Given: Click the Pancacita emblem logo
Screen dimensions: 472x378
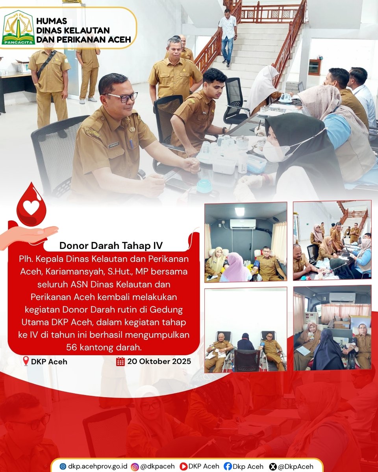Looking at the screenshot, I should pyautogui.click(x=19, y=28).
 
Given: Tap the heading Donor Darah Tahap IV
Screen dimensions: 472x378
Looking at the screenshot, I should pyautogui.click(x=111, y=245).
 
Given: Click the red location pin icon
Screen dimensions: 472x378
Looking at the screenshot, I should pyautogui.click(x=26, y=361).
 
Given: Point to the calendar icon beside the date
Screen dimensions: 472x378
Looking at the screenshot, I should pyautogui.click(x=120, y=361).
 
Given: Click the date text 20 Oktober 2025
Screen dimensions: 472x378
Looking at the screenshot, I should pyautogui.click(x=159, y=361).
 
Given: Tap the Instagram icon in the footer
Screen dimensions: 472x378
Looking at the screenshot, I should pyautogui.click(x=135, y=466).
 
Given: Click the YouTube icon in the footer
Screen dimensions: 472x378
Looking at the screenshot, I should pyautogui.click(x=183, y=466).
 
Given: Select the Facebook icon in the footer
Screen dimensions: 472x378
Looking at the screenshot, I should pyautogui.click(x=228, y=466).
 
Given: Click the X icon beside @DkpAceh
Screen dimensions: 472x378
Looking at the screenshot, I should pyautogui.click(x=272, y=466).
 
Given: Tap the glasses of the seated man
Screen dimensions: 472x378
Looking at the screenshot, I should pyautogui.click(x=122, y=97).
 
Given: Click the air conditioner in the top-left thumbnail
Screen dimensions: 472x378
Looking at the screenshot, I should pyautogui.click(x=243, y=223).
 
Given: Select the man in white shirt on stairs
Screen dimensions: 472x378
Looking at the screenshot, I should pyautogui.click(x=228, y=37).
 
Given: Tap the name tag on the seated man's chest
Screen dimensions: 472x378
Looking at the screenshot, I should pyautogui.click(x=113, y=145).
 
